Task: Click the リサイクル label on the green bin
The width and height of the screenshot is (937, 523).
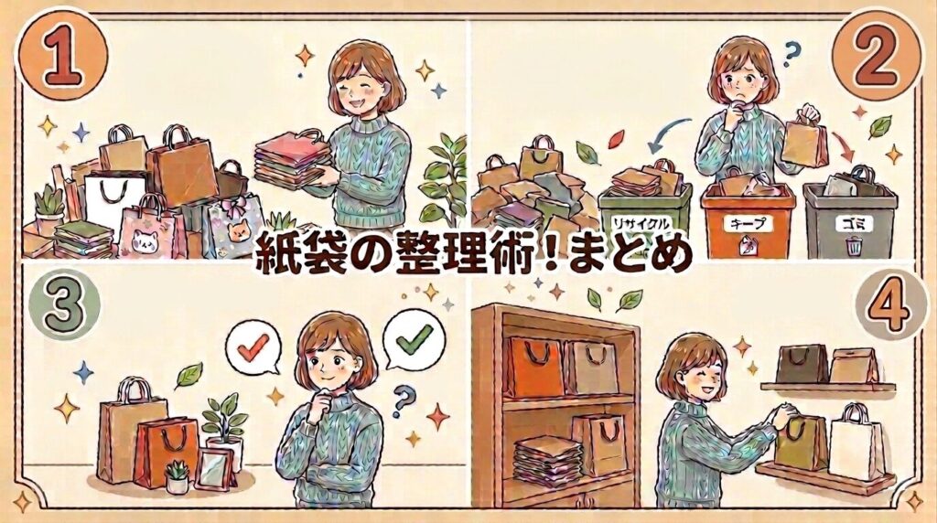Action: pyautogui.click(x=641, y=224)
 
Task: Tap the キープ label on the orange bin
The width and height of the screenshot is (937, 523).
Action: pyautogui.click(x=748, y=224)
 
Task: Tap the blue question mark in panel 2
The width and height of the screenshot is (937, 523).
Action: pyautogui.click(x=791, y=54)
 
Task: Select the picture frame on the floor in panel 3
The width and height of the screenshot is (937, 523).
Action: pyautogui.click(x=214, y=469)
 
